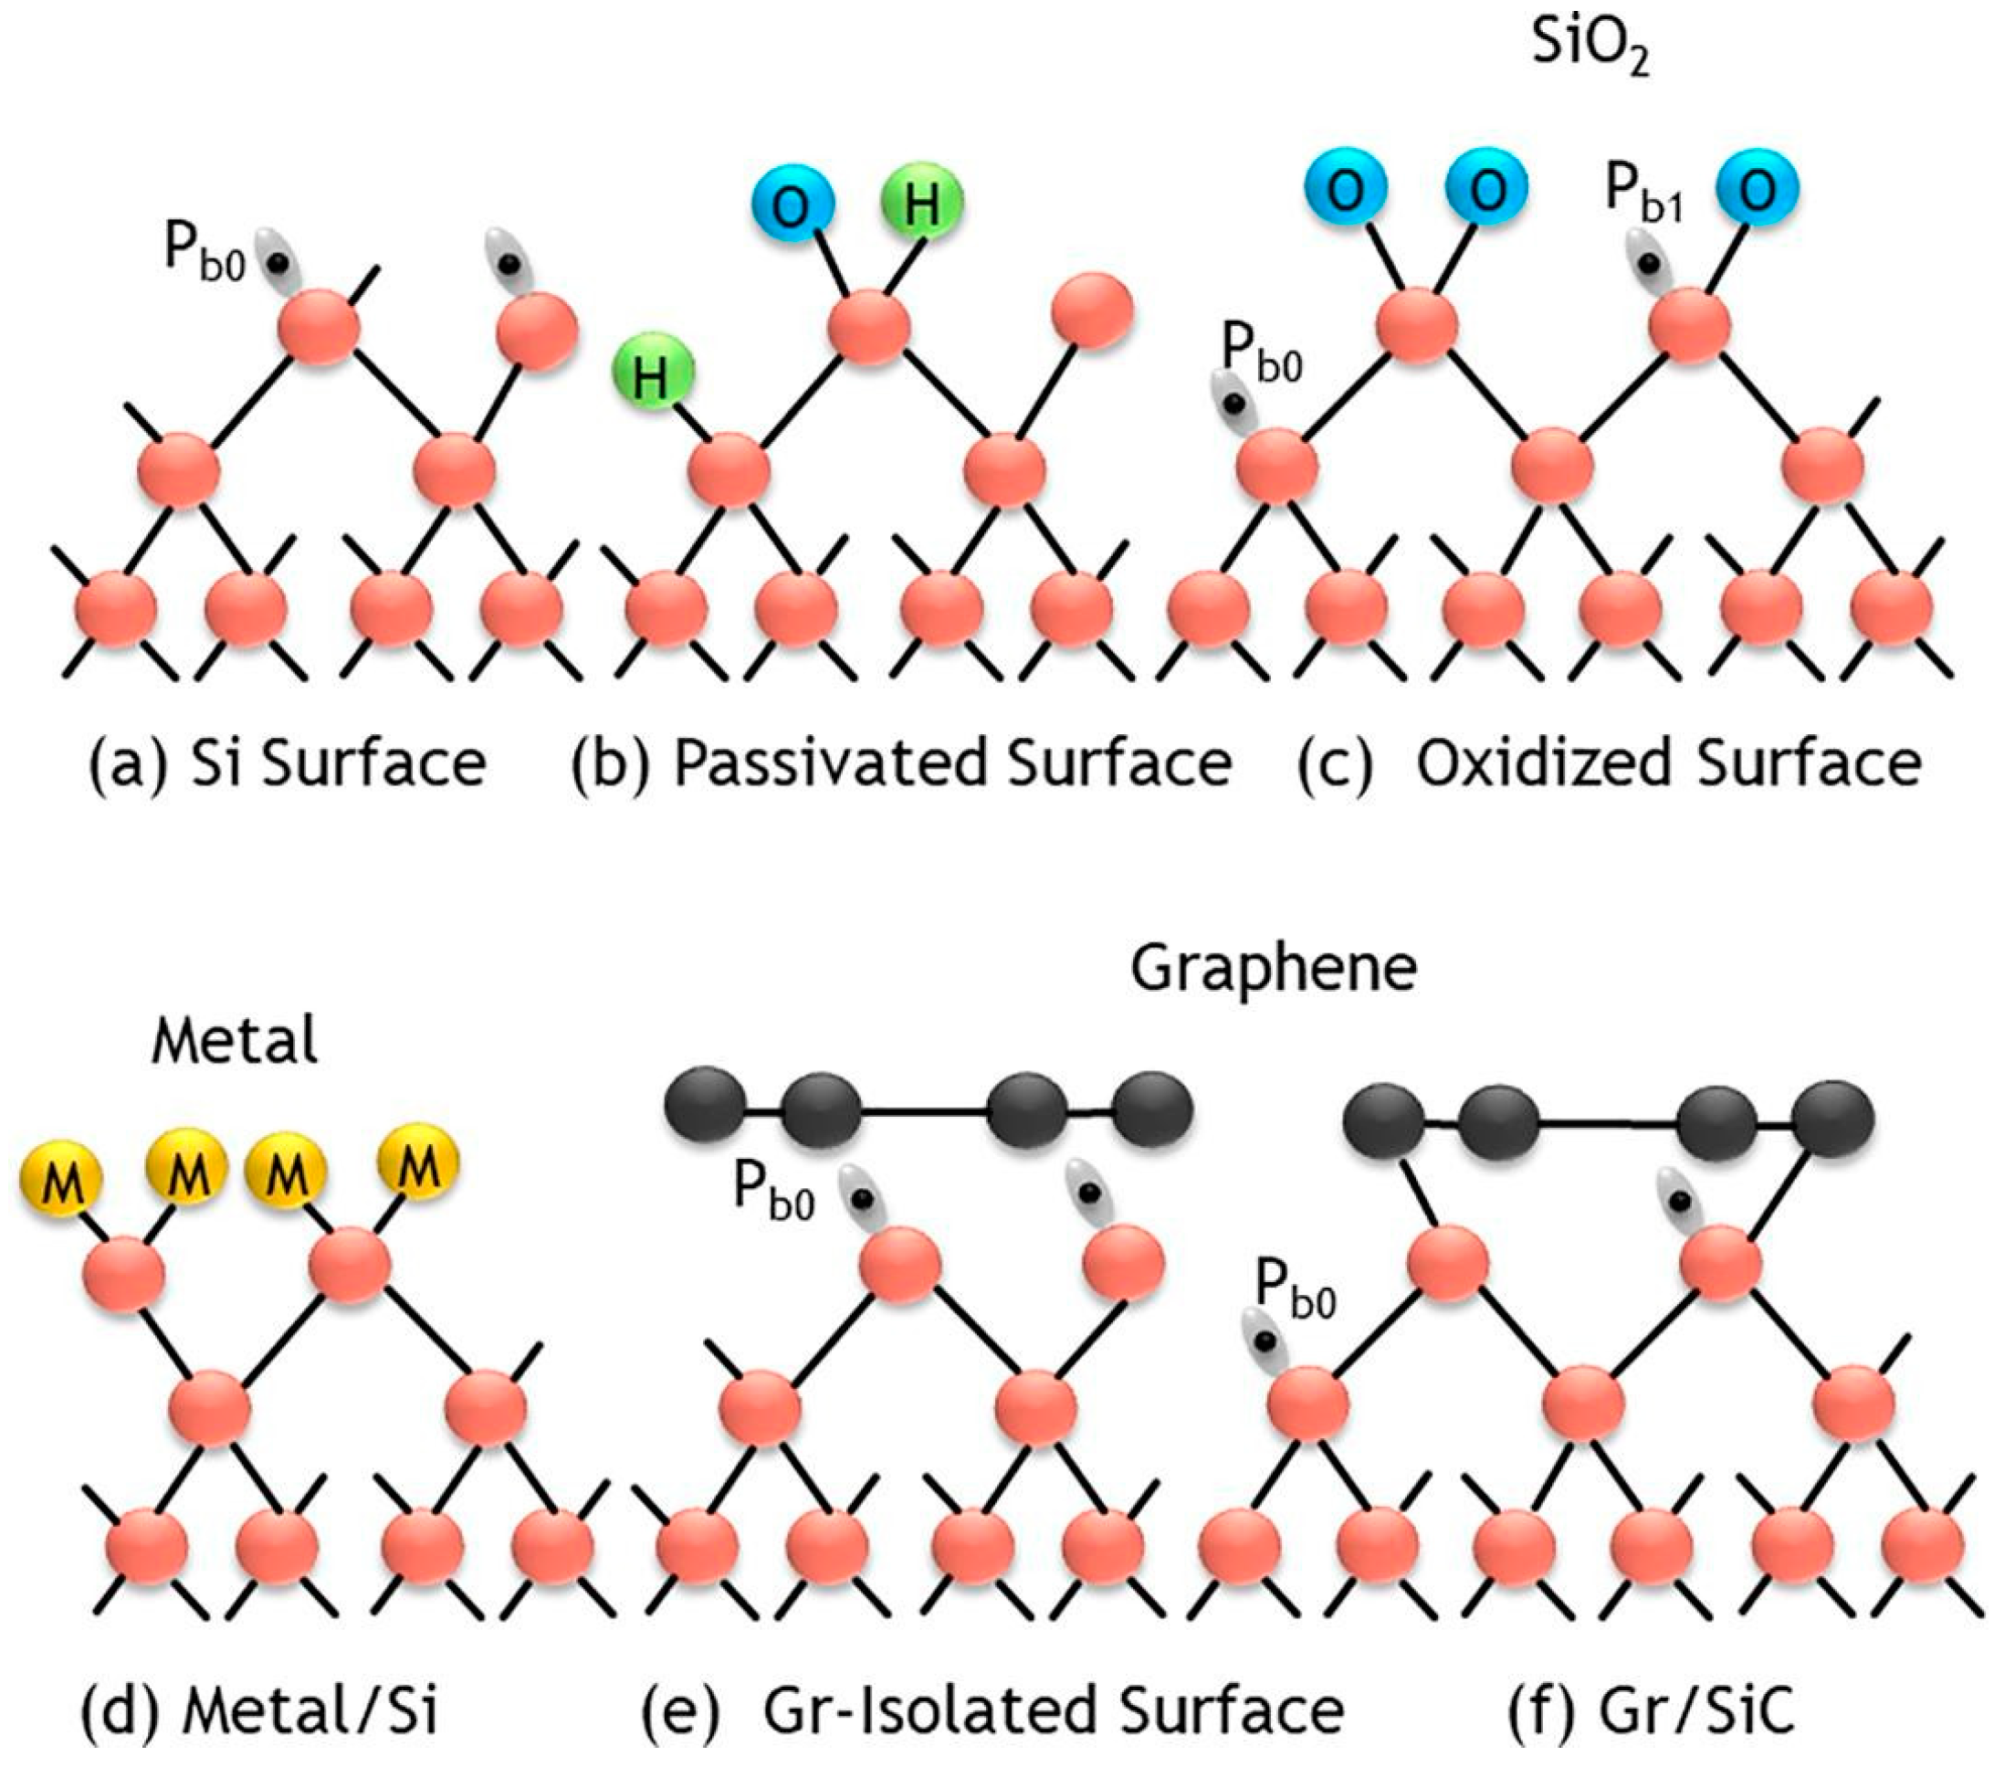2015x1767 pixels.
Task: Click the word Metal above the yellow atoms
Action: [x=235, y=1041]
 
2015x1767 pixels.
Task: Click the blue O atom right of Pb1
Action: [x=1758, y=191]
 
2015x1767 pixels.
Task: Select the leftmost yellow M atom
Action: [x=63, y=1182]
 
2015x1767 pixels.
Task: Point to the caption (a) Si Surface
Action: [x=287, y=763]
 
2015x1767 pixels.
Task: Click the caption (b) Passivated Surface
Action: [x=901, y=763]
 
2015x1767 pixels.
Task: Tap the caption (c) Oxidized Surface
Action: [x=1609, y=763]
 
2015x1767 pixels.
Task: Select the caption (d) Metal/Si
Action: [x=259, y=1709]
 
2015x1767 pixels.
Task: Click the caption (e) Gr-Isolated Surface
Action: [x=992, y=1709]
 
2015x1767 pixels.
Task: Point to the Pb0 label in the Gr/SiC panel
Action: [x=1296, y=1290]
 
